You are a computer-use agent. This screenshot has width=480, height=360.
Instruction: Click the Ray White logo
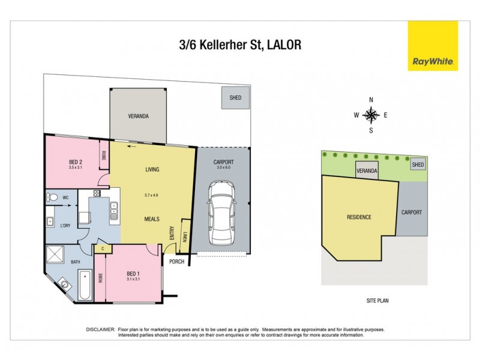433,46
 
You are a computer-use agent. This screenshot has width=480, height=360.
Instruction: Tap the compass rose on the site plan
371,115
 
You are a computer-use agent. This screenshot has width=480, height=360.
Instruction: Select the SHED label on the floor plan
235,98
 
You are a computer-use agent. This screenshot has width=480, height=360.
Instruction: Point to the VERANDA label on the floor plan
138,116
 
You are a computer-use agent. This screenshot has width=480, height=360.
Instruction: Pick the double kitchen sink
113,208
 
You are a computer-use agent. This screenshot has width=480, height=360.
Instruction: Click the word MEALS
151,219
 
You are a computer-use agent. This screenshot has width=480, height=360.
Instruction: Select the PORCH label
176,261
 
